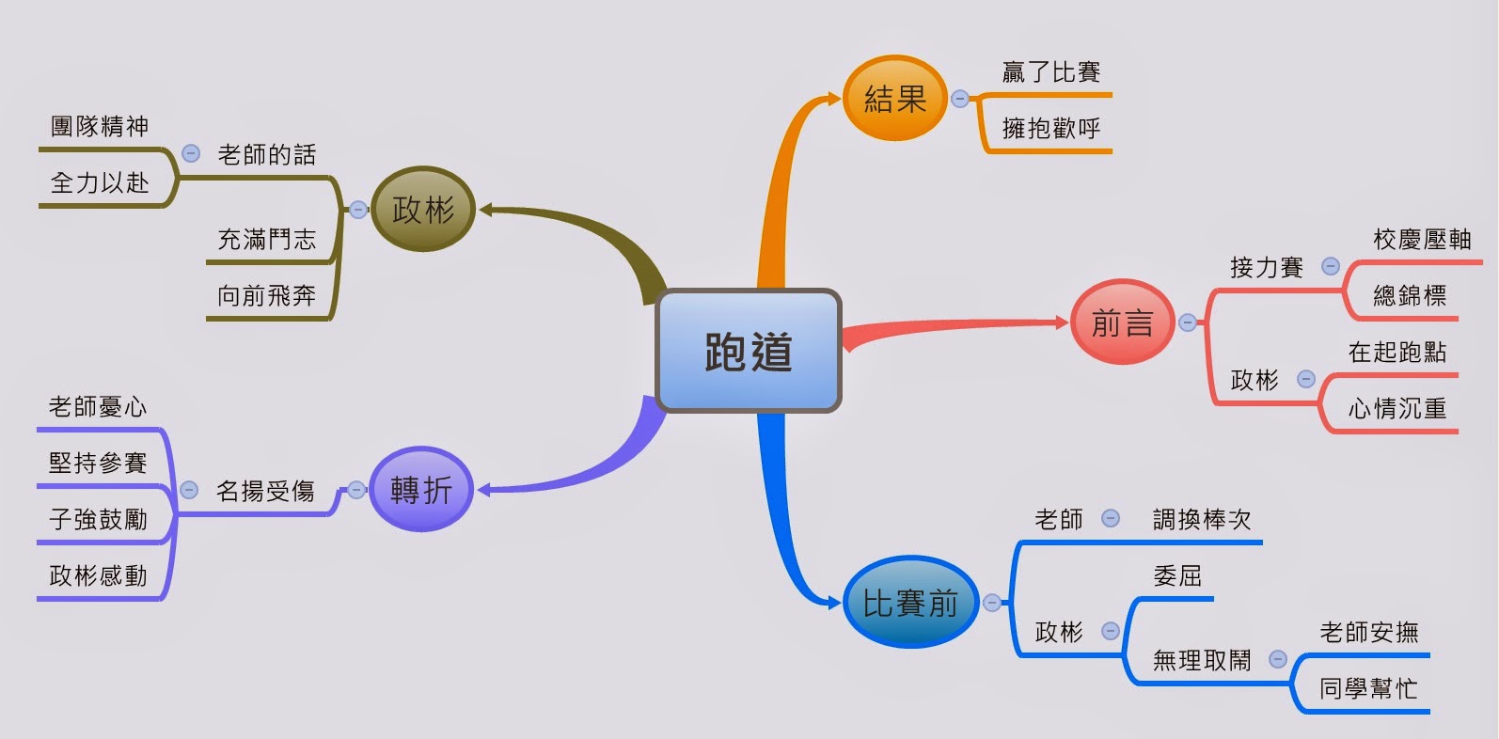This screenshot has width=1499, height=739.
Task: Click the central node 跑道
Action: tap(749, 351)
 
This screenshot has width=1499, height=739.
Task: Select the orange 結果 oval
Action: tap(894, 98)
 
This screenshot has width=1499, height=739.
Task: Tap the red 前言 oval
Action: tap(1122, 322)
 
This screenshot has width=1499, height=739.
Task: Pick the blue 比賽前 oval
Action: tap(909, 603)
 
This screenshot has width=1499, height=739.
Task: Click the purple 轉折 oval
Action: tap(420, 489)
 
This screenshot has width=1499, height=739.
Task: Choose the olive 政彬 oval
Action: tap(423, 209)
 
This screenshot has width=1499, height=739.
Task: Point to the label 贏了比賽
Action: tap(1050, 71)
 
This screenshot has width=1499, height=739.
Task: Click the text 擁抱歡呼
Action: tap(1050, 128)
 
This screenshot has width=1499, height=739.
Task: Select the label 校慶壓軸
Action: tap(1422, 239)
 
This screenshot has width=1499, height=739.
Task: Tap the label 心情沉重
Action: tap(1396, 408)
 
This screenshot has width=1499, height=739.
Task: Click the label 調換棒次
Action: tap(1202, 519)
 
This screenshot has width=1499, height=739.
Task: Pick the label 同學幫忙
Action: tap(1368, 688)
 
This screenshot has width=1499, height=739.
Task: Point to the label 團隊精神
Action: tap(100, 126)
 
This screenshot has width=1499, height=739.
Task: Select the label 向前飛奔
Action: tap(266, 295)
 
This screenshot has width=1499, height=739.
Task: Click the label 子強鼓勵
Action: tap(98, 519)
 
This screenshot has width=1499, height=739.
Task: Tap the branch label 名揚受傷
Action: tap(265, 491)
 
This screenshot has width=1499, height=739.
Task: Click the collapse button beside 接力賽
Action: tap(1331, 266)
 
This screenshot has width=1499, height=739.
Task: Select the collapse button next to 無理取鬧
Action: tap(1278, 659)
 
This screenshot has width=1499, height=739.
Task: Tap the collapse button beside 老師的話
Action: tap(191, 153)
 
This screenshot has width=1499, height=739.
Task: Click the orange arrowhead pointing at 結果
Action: tap(833, 98)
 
